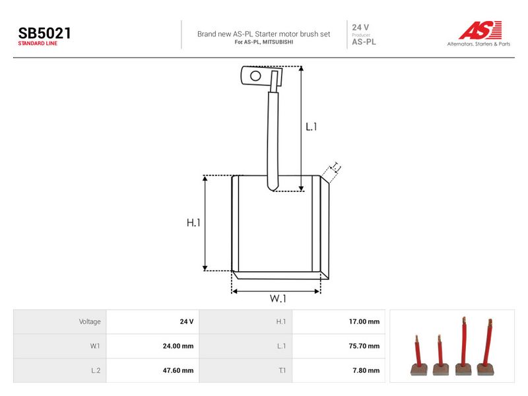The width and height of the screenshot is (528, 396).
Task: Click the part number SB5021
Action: click(44, 34)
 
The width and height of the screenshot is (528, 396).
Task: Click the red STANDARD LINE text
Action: click(38, 44)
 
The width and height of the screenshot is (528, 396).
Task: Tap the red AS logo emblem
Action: click(480, 30)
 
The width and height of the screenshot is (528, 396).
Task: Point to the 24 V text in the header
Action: click(360, 27)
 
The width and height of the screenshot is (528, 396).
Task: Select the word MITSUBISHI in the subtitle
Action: click(278, 42)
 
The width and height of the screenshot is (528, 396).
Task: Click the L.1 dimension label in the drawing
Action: click(311, 127)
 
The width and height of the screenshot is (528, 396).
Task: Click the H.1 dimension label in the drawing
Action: click(193, 222)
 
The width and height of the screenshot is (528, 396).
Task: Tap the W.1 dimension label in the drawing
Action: click(278, 298)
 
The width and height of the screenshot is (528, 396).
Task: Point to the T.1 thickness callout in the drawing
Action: click(336, 168)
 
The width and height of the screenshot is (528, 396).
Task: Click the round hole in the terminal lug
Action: click(255, 76)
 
